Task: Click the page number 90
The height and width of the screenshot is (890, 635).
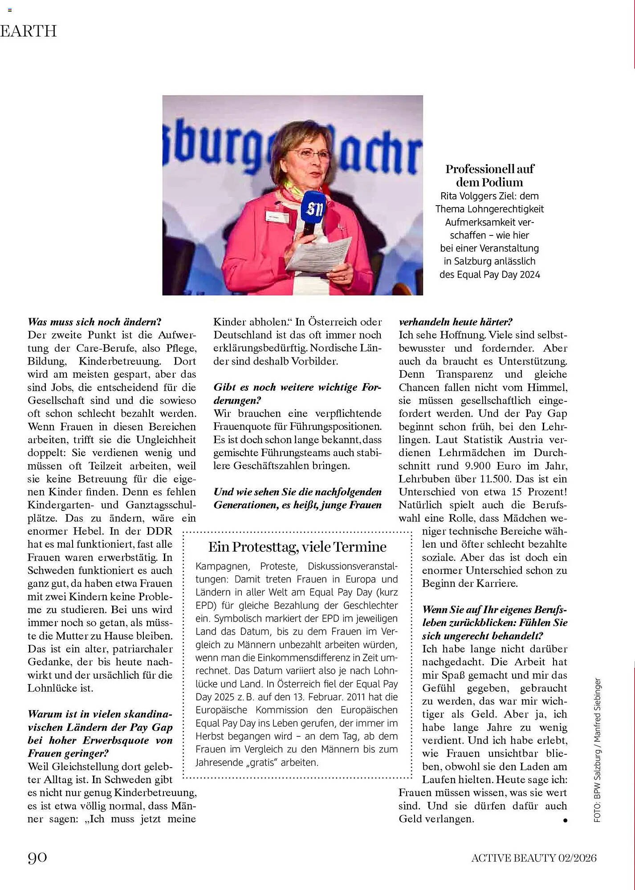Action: tap(37, 857)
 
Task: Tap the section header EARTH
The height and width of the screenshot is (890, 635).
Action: tap(28, 31)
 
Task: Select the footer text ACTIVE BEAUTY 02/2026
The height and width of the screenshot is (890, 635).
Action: tap(534, 858)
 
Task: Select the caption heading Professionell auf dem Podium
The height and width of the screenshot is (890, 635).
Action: tap(489, 175)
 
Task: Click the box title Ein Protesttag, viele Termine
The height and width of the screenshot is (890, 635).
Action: tap(297, 546)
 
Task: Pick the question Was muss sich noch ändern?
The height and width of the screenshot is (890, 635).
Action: tap(94, 322)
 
